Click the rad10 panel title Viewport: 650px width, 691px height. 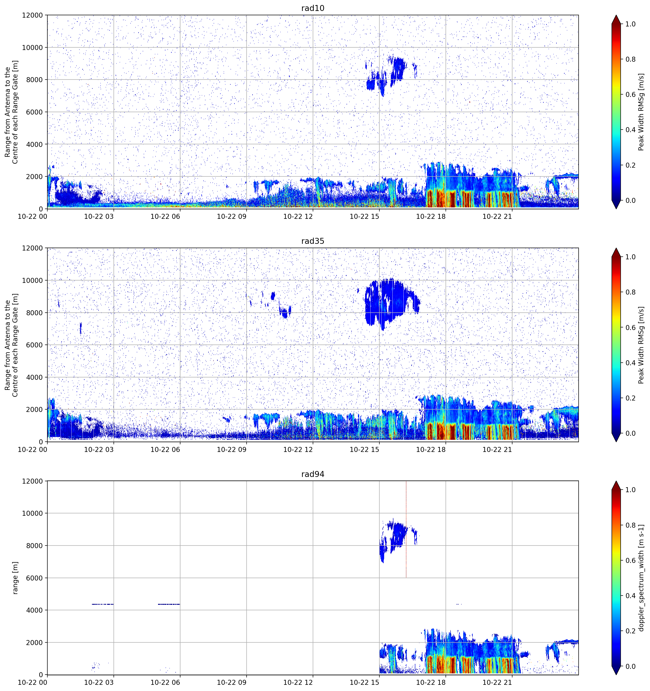(313, 8)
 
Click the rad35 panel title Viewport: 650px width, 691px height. (313, 241)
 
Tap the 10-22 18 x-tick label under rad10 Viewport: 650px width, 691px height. (431, 216)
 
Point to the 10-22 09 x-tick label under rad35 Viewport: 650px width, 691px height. (232, 449)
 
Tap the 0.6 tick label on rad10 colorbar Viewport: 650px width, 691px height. (630, 95)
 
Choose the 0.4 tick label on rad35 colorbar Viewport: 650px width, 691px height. (630, 363)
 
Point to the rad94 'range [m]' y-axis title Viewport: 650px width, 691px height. (15, 578)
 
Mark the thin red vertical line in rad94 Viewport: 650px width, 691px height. (406, 529)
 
